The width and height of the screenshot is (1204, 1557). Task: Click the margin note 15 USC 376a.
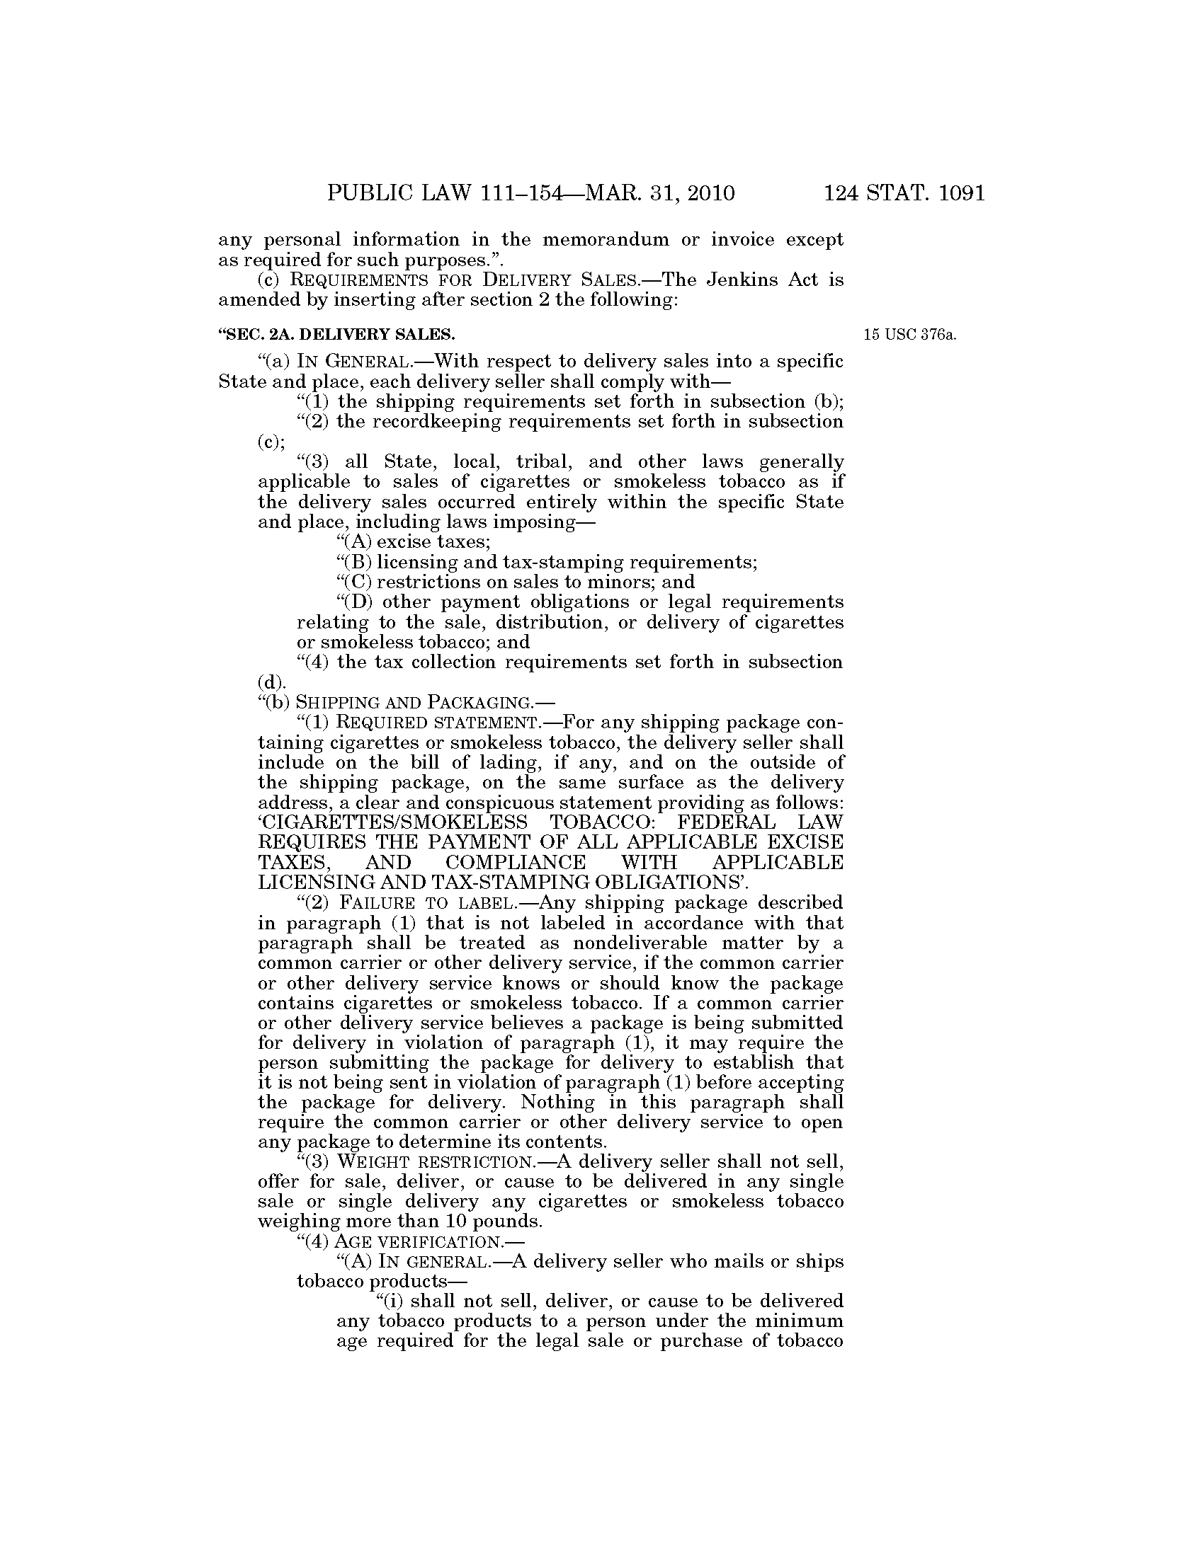[x=909, y=334]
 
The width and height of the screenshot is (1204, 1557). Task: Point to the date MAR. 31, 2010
[x=659, y=193]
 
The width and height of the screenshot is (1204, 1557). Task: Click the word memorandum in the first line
[x=606, y=239]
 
